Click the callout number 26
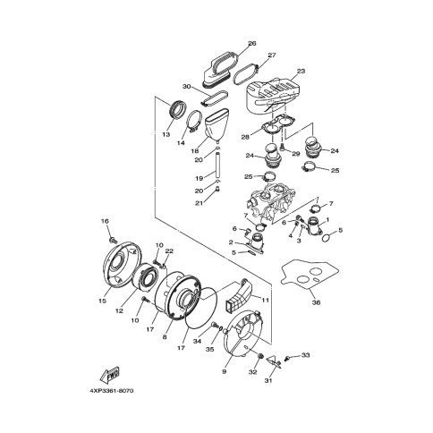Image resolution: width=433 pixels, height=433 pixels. pos(252,44)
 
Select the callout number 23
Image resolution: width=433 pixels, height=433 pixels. pos(301,71)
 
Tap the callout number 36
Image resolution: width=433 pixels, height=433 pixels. pos(316,302)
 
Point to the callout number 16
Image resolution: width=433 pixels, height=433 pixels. pos(105,221)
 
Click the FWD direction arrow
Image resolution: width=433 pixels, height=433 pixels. pos(110,375)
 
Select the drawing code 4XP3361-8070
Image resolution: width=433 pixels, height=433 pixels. pos(112,391)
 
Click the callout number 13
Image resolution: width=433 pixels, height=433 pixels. pos(166,134)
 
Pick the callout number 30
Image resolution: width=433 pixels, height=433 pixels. pos(186,87)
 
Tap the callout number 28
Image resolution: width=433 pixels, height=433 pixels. pos(245,137)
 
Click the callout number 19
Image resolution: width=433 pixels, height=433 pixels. pos(200,178)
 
